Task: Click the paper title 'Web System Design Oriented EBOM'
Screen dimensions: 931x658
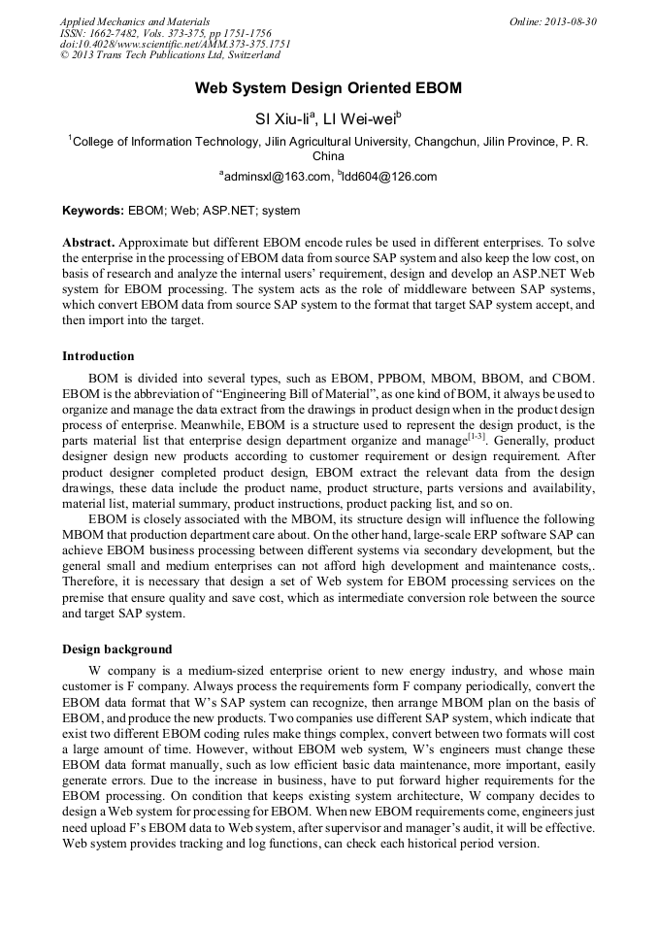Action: [x=328, y=88]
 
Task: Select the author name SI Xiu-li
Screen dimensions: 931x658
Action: [x=281, y=119]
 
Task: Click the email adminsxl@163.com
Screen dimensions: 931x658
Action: [x=276, y=177]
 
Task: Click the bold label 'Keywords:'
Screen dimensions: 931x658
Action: [x=93, y=210]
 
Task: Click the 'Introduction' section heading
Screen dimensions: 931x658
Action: [x=98, y=356]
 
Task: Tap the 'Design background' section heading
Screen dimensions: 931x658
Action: [x=117, y=649]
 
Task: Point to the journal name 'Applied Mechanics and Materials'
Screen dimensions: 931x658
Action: [x=134, y=21]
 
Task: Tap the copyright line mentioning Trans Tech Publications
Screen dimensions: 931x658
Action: [x=155, y=56]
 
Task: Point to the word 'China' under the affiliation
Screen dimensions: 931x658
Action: [x=328, y=155]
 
